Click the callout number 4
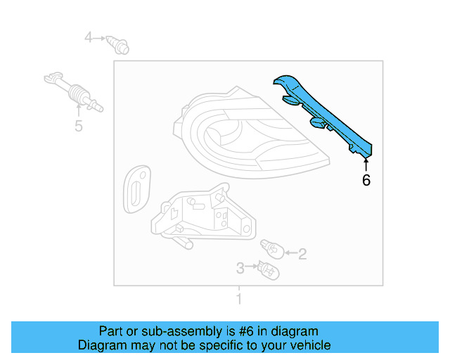89,37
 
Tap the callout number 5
78,127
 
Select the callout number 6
366,181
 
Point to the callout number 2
302,254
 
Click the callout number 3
240,268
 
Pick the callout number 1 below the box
238,300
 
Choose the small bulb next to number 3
267,268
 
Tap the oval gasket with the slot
134,188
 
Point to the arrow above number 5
78,111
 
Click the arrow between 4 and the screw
101,37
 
